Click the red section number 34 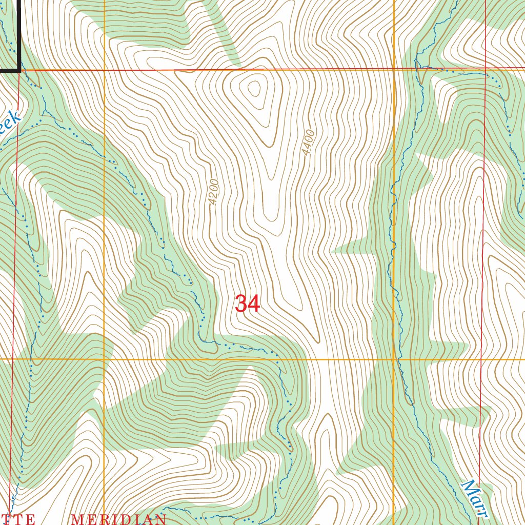(248, 304)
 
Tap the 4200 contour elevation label (214, 192)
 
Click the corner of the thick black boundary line (19, 69)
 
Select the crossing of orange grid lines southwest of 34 (104, 359)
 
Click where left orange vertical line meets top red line (104, 70)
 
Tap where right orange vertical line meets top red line (394, 69)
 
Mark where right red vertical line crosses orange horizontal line (483, 359)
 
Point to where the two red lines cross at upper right (486, 68)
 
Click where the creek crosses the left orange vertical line (104, 155)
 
